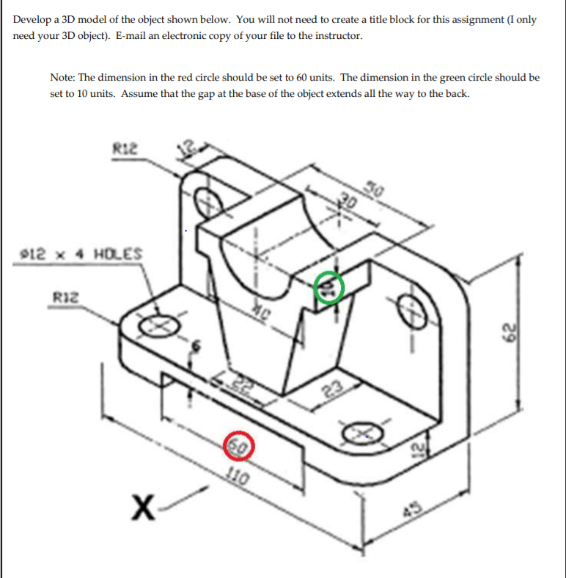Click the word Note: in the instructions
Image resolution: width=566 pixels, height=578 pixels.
(x=65, y=77)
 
